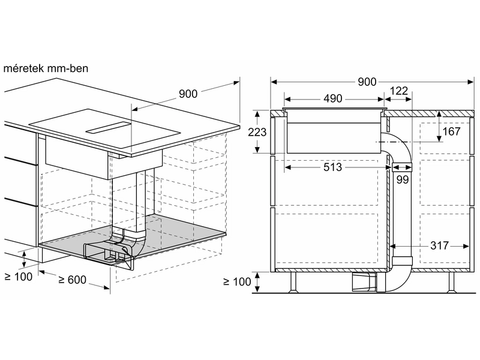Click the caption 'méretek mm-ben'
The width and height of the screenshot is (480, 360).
pos(46,68)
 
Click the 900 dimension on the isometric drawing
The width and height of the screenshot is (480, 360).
pos(188,94)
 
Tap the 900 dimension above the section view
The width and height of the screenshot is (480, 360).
pos(367,82)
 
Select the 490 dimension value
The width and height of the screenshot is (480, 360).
pos(333,98)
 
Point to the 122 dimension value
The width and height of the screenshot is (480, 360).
pos(399,91)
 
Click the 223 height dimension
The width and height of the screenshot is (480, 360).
pos(257,132)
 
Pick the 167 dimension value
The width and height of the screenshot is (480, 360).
pos(452,131)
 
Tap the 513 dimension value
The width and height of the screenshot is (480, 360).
pos(332,167)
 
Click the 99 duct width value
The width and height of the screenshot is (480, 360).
pos(403,179)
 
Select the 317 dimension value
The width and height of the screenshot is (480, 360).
pos(439,245)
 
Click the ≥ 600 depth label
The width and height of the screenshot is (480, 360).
pos(72,280)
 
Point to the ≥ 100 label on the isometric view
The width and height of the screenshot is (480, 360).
pos(19,277)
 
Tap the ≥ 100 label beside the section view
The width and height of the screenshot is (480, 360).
pos(237,281)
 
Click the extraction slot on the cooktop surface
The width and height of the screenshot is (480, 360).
pos(108,128)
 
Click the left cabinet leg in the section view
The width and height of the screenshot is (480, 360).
pos(293,282)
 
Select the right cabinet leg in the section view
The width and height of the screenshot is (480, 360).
pos(452,282)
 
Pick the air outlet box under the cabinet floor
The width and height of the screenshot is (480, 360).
pos(364,282)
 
